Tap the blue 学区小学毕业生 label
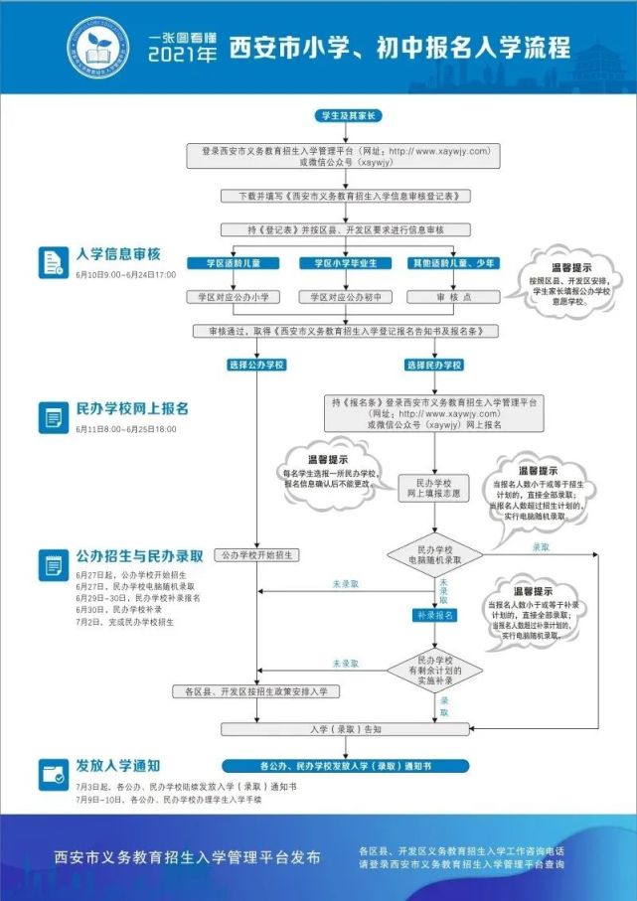[x=340, y=263]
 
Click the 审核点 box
[x=453, y=297]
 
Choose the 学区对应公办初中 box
[x=340, y=297]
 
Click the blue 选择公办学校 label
[x=256, y=365]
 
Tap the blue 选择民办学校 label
[x=435, y=365]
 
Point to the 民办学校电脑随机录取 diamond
[x=434, y=556]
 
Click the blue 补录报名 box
[x=434, y=616]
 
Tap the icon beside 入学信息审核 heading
[x=52, y=262]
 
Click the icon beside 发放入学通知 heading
[x=52, y=773]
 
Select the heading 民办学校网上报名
[x=132, y=408]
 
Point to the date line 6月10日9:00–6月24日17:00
[x=126, y=274]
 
